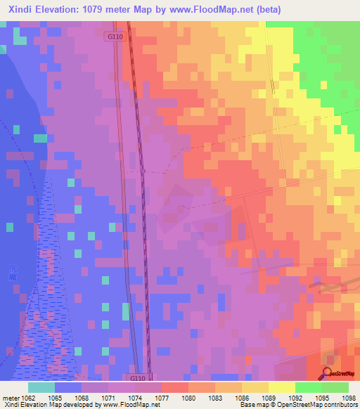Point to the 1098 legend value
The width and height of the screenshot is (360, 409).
point(349,397)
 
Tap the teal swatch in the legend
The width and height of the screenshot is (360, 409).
point(41,387)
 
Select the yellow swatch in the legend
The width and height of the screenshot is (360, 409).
point(281,387)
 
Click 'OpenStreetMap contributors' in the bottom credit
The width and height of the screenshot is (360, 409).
point(323,405)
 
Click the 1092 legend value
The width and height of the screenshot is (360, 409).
point(296,397)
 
